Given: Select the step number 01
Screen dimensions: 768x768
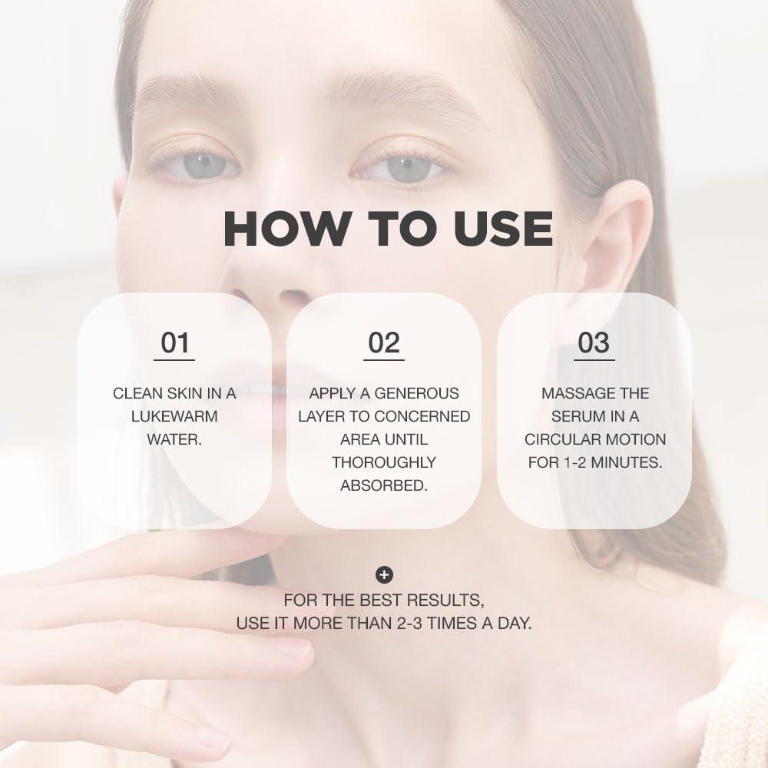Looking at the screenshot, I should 174,343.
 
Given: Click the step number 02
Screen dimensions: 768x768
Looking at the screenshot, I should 384,343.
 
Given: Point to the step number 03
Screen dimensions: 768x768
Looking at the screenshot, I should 593,343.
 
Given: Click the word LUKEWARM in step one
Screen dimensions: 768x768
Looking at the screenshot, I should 174,416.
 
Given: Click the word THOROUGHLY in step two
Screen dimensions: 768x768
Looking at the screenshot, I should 384,462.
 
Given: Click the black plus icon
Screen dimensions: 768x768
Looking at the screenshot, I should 384,574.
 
